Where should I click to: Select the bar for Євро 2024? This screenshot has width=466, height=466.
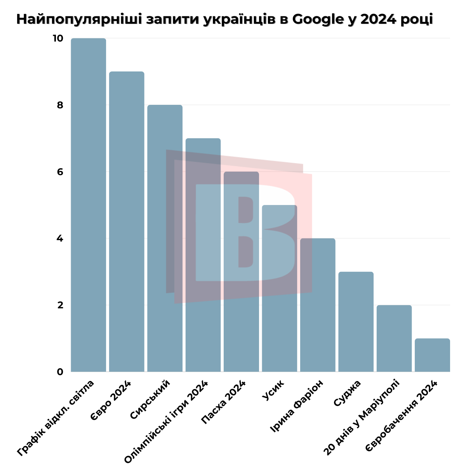click(x=127, y=221)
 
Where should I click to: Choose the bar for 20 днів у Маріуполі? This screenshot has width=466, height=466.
click(x=394, y=338)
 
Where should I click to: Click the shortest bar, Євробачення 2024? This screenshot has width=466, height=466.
click(x=432, y=355)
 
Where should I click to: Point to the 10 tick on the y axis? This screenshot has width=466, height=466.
click(x=57, y=38)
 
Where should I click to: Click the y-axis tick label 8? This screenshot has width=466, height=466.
click(x=60, y=105)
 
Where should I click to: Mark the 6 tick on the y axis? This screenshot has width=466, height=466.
click(x=60, y=172)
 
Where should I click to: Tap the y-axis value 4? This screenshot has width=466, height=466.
click(x=60, y=238)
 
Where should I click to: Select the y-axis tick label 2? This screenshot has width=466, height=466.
click(x=60, y=305)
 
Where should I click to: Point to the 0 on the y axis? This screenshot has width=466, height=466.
click(x=60, y=372)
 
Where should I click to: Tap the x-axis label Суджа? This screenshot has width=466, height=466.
click(x=347, y=393)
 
